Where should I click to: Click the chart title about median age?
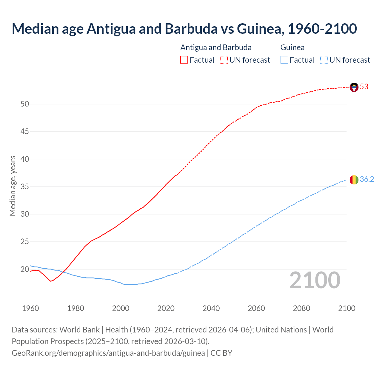coord(184,29)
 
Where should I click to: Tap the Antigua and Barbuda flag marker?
coord(354,87)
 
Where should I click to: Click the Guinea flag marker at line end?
coord(354,180)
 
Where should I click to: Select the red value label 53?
coord(364,87)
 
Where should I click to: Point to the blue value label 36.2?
coord(367,179)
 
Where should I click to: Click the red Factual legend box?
coord(184,60)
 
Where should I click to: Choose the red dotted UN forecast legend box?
coord(224,60)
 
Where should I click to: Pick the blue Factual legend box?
coord(284,60)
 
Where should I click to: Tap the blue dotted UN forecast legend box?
coord(324,60)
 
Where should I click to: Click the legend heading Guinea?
coord(292,47)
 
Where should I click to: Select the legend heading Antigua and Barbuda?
coord(216,47)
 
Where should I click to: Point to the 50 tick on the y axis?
coord(25,104)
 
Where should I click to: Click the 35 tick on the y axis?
coord(25,187)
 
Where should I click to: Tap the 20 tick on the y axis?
coord(25,269)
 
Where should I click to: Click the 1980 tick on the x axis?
coord(76,308)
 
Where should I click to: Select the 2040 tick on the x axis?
coord(211,308)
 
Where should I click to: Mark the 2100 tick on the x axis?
coord(346,308)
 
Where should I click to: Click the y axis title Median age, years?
coord(13,186)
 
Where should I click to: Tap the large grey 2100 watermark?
coord(315,280)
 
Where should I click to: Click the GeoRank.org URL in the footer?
coord(108,353)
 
